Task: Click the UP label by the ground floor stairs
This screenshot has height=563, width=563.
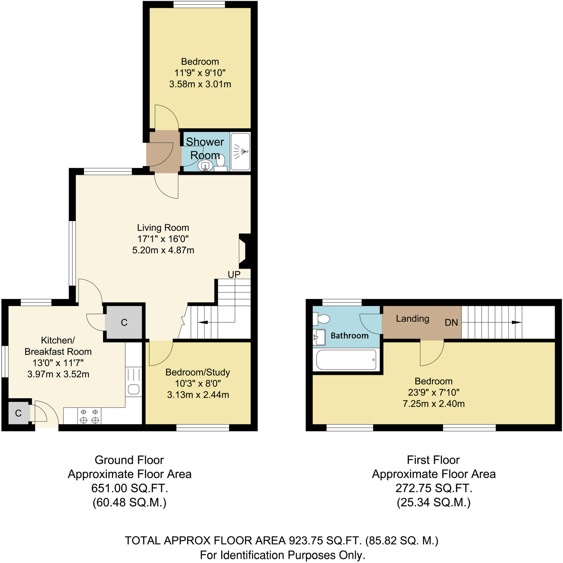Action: click(234, 275)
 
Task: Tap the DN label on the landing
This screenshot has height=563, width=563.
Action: click(451, 322)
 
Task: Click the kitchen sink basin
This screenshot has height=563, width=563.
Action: click(133, 389)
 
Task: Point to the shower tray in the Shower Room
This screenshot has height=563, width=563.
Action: click(240, 151)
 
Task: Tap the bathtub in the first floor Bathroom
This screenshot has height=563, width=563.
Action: click(346, 360)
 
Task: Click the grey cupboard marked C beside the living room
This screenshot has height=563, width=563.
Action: click(124, 322)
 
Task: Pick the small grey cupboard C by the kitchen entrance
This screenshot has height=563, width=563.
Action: click(18, 413)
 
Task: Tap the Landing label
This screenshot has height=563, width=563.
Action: click(412, 319)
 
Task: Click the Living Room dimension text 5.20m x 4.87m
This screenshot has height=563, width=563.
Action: click(163, 250)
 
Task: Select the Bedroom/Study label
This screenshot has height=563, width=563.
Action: click(198, 372)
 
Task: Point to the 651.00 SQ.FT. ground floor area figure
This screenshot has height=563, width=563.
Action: click(129, 488)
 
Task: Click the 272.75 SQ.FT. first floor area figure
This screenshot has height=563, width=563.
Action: click(433, 488)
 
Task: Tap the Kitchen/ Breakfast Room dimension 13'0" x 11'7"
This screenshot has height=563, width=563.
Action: click(58, 363)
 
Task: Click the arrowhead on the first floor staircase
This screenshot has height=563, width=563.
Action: click(517, 322)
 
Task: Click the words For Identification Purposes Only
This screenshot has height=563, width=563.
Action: click(282, 555)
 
